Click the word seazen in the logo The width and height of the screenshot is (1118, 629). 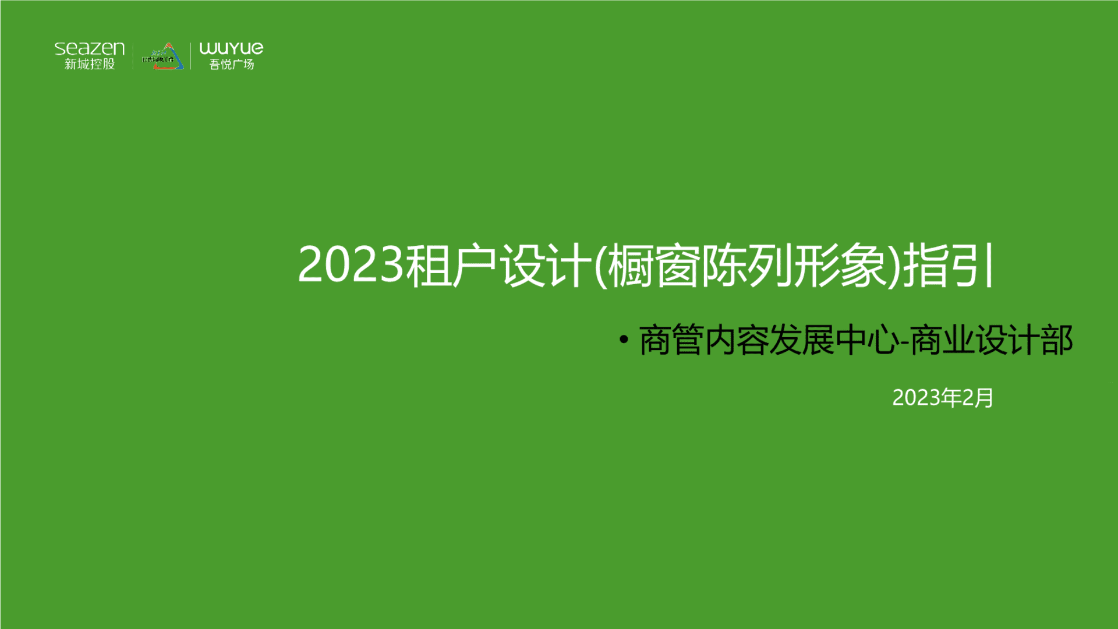[90, 48]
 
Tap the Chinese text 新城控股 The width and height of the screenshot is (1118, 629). [90, 64]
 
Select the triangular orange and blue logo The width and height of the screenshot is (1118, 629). [163, 57]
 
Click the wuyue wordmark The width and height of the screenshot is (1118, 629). [231, 48]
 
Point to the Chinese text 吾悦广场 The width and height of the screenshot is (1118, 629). [232, 65]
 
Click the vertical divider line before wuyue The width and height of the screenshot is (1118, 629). [190, 56]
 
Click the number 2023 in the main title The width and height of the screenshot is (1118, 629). [351, 265]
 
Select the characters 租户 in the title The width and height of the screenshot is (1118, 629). [451, 266]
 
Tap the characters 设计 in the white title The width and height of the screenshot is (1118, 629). [546, 266]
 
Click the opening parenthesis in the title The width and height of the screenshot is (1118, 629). [600, 266]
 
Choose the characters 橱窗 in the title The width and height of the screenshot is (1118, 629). [653, 266]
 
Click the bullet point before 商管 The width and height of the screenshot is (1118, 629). [624, 340]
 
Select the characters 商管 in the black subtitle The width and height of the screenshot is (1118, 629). [671, 341]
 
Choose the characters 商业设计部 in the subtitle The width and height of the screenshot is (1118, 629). [991, 341]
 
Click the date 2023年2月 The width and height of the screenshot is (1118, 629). [943, 398]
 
